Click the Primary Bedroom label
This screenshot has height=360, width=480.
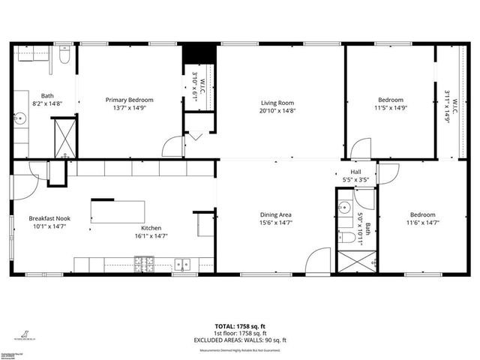129,100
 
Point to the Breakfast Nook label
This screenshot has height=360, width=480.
50,218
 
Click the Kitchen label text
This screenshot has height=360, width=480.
151,228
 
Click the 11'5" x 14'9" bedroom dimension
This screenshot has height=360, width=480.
390,108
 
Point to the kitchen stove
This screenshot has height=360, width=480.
142,263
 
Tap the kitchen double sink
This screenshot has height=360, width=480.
182,263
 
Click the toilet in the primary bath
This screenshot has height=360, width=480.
65,56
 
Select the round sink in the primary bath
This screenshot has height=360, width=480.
20,118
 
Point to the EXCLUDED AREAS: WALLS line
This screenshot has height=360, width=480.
239,340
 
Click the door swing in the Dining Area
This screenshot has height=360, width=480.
318,260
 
